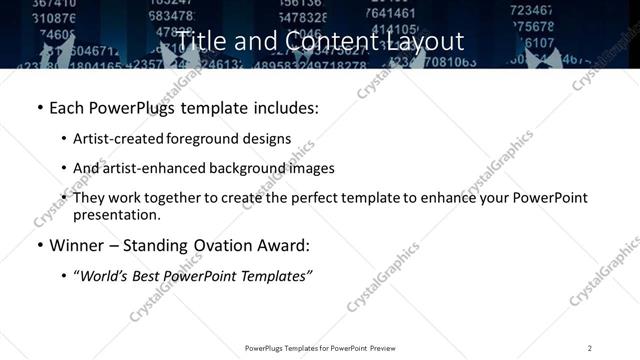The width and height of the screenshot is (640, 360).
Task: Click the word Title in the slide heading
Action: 205,41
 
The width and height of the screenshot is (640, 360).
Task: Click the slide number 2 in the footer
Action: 590,348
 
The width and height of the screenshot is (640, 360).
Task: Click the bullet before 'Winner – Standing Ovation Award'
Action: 39,246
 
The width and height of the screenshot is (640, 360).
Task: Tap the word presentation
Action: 116,215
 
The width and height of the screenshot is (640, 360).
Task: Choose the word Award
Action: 282,246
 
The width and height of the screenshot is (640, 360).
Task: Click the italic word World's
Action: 109,275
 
